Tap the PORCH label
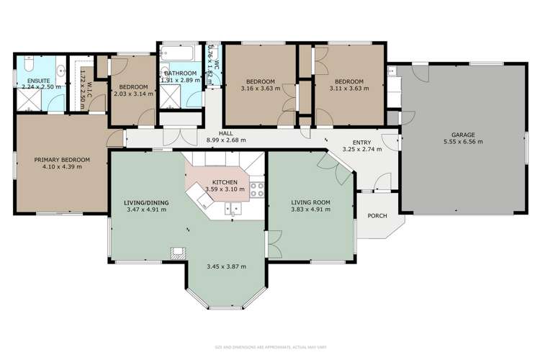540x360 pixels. pos(376,215)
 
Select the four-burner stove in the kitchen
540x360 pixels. pos(256,189)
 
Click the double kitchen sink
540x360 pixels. pos(232,209)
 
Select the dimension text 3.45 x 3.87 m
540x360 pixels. pos(225,266)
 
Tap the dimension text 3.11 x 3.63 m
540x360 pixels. pos(348,89)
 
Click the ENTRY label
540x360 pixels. pos(362,143)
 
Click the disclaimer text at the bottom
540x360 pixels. pos(270,347)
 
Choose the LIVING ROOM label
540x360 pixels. pos(310,202)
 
